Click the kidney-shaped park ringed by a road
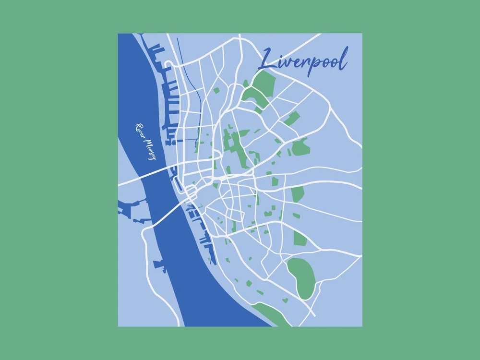301,277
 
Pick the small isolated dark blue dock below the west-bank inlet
158,264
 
